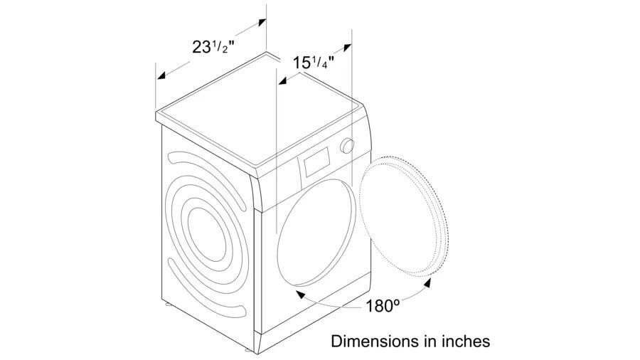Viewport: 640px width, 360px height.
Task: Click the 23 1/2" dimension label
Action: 213,47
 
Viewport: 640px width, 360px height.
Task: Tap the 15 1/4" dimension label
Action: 314,63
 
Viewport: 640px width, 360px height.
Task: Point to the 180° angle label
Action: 382,305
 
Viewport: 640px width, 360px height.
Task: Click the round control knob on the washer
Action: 347,146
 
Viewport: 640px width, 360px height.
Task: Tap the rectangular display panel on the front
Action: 316,162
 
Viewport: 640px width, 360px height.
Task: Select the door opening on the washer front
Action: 316,232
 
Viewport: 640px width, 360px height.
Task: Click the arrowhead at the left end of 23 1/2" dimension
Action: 161,76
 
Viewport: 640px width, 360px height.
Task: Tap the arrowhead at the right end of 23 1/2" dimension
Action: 262,22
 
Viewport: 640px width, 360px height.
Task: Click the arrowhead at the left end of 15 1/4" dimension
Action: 282,82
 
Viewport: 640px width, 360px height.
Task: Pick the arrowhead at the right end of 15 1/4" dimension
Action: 347,48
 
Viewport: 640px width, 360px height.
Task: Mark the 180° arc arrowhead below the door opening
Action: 300,294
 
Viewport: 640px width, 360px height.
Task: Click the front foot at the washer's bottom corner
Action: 247,350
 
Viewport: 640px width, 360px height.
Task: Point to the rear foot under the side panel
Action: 168,304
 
